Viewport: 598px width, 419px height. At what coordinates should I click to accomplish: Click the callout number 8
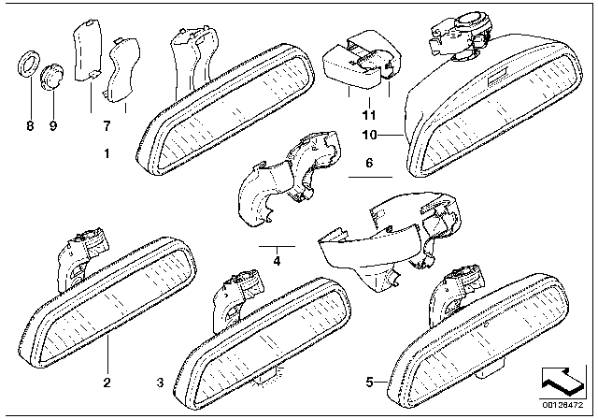tap(27, 125)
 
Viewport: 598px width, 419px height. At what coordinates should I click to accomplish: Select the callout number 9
tap(53, 125)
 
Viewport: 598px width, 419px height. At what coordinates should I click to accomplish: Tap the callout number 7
tap(107, 125)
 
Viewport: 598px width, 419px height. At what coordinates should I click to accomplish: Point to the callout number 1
tap(107, 152)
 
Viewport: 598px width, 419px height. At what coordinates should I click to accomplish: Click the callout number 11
tap(369, 115)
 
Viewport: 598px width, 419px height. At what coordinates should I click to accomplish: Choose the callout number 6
tap(369, 162)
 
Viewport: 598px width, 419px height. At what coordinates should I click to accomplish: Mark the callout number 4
tap(276, 261)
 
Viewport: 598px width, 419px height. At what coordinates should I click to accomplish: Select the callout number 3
tap(160, 383)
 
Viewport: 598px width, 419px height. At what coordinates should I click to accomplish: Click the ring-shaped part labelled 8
tap(28, 67)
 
